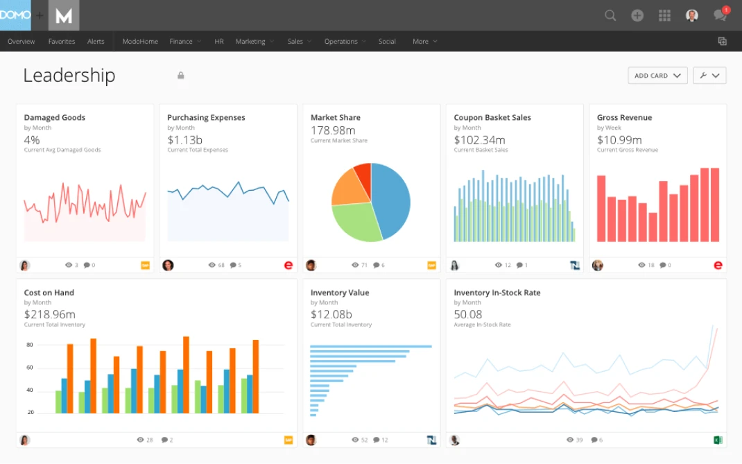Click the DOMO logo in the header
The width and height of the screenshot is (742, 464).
coord(15,15)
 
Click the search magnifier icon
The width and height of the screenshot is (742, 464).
coord(610,15)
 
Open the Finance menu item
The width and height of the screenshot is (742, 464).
coord(181,42)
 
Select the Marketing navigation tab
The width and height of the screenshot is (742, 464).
coord(250,42)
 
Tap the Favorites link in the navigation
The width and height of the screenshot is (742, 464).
coord(62,42)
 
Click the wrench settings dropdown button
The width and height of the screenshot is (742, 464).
coord(709,76)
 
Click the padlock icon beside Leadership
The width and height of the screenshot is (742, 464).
coord(181,76)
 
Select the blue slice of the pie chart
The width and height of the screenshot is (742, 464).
coord(390,200)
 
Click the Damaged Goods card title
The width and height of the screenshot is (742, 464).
coord(55,118)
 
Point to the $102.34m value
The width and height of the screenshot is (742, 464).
coord(480,140)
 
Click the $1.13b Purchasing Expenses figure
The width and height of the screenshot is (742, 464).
coord(184,140)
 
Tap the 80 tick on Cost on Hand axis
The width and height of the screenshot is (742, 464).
coord(30,345)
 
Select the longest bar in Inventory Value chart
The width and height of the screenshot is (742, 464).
coord(371,346)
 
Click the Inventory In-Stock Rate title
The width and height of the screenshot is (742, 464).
coord(497,293)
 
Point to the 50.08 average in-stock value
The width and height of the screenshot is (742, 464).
coord(468,315)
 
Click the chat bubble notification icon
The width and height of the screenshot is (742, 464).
coord(720,15)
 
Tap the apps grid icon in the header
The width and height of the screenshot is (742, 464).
coord(664,15)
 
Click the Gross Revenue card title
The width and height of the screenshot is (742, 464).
coord(624,118)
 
